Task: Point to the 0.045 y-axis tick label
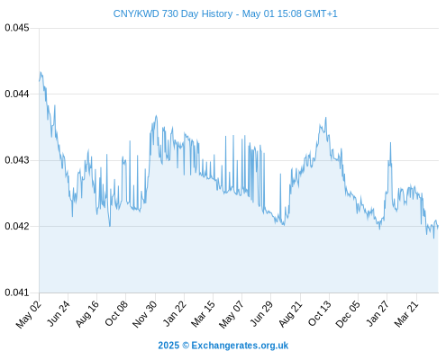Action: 17,28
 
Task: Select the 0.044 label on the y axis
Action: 17,94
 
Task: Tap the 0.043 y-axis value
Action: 17,160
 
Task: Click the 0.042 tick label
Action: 17,226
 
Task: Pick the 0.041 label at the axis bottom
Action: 17,292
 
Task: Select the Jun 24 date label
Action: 59,313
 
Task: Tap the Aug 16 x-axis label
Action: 87,314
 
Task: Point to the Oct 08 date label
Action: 116,313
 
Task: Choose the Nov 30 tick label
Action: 145,314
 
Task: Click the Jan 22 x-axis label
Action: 175,313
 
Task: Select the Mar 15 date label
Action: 204,314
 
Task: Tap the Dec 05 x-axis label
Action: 348,314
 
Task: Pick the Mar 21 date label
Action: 406,314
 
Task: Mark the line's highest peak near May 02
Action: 41,72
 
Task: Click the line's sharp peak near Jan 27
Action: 390,142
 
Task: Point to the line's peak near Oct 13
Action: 326,118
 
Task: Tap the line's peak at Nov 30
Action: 156,115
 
